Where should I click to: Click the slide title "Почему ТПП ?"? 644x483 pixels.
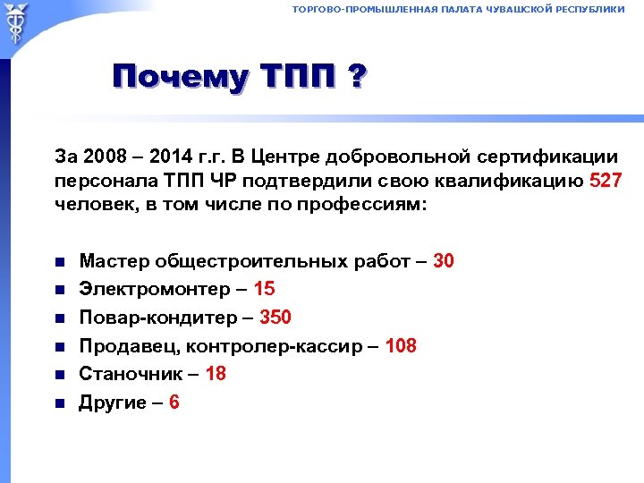coord(239,78)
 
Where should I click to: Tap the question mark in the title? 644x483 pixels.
coord(356,78)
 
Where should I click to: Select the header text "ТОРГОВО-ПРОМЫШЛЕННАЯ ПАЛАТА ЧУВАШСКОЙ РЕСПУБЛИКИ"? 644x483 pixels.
coord(458,9)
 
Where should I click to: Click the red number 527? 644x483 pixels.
coord(606,182)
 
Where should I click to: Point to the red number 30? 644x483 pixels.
coord(444,261)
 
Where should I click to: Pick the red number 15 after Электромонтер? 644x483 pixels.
coord(265,290)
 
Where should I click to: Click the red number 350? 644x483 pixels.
coord(276,318)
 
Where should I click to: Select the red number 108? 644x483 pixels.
coord(401,346)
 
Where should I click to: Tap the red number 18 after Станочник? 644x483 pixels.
coord(216,374)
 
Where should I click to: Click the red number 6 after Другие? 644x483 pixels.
coord(174,402)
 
